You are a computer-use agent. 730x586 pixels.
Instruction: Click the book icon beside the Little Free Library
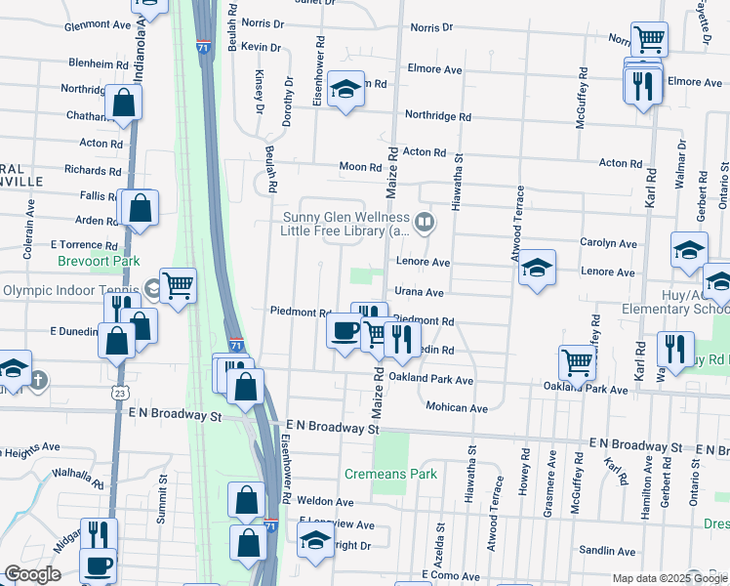(x=424, y=222)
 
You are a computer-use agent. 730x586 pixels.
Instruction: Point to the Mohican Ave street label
(x=456, y=407)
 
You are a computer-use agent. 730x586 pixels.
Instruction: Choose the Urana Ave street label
(x=420, y=292)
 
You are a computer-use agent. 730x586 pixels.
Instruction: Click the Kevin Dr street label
(x=261, y=47)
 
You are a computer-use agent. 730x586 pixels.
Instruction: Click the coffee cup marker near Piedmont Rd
(x=345, y=331)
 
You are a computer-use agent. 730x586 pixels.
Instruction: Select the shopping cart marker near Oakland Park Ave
(x=577, y=362)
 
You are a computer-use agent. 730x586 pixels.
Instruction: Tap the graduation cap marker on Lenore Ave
(x=536, y=268)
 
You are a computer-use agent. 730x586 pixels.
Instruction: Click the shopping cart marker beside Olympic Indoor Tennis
(x=178, y=285)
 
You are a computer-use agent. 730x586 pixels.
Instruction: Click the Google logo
(x=32, y=574)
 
